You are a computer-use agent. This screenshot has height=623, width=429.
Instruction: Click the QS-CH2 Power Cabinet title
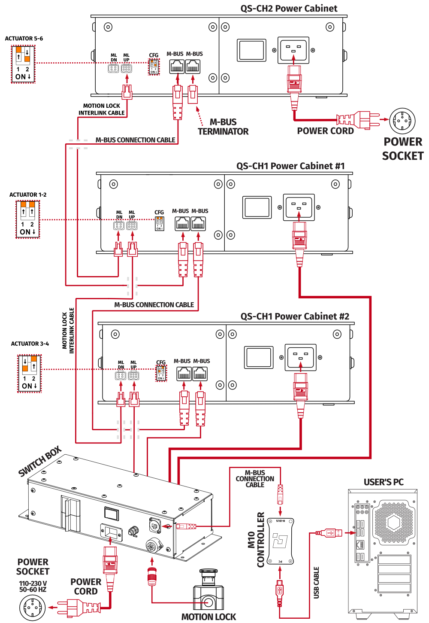click(x=289, y=9)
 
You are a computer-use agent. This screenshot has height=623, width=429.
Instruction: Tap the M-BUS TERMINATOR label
click(x=223, y=127)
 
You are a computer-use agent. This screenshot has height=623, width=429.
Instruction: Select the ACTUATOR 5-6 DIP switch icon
click(x=23, y=64)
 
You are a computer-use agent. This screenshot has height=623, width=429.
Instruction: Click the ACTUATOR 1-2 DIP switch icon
click(x=27, y=219)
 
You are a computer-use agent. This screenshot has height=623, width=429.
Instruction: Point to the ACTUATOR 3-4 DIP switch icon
click(x=29, y=373)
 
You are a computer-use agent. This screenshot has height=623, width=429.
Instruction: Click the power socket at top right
click(x=402, y=121)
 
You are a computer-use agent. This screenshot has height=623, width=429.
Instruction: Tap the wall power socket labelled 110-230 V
click(x=32, y=608)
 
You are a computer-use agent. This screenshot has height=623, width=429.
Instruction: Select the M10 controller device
click(x=280, y=541)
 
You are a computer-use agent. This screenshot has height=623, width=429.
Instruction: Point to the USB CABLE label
click(x=316, y=583)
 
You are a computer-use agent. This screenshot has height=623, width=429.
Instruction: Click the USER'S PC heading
click(x=384, y=482)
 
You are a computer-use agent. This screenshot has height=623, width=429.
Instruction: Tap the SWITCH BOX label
click(x=39, y=462)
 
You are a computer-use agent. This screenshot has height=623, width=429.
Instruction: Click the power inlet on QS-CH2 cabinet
click(x=293, y=50)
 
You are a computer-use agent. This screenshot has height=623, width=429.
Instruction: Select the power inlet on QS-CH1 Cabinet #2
click(x=300, y=357)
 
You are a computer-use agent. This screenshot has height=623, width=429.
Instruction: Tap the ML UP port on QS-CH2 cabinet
click(x=127, y=68)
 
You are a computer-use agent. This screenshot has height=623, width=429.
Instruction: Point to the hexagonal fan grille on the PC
click(x=393, y=523)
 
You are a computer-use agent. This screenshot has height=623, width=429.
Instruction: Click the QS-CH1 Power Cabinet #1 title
click(x=290, y=166)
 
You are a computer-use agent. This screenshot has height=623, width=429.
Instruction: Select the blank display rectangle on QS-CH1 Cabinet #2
click(x=259, y=357)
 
